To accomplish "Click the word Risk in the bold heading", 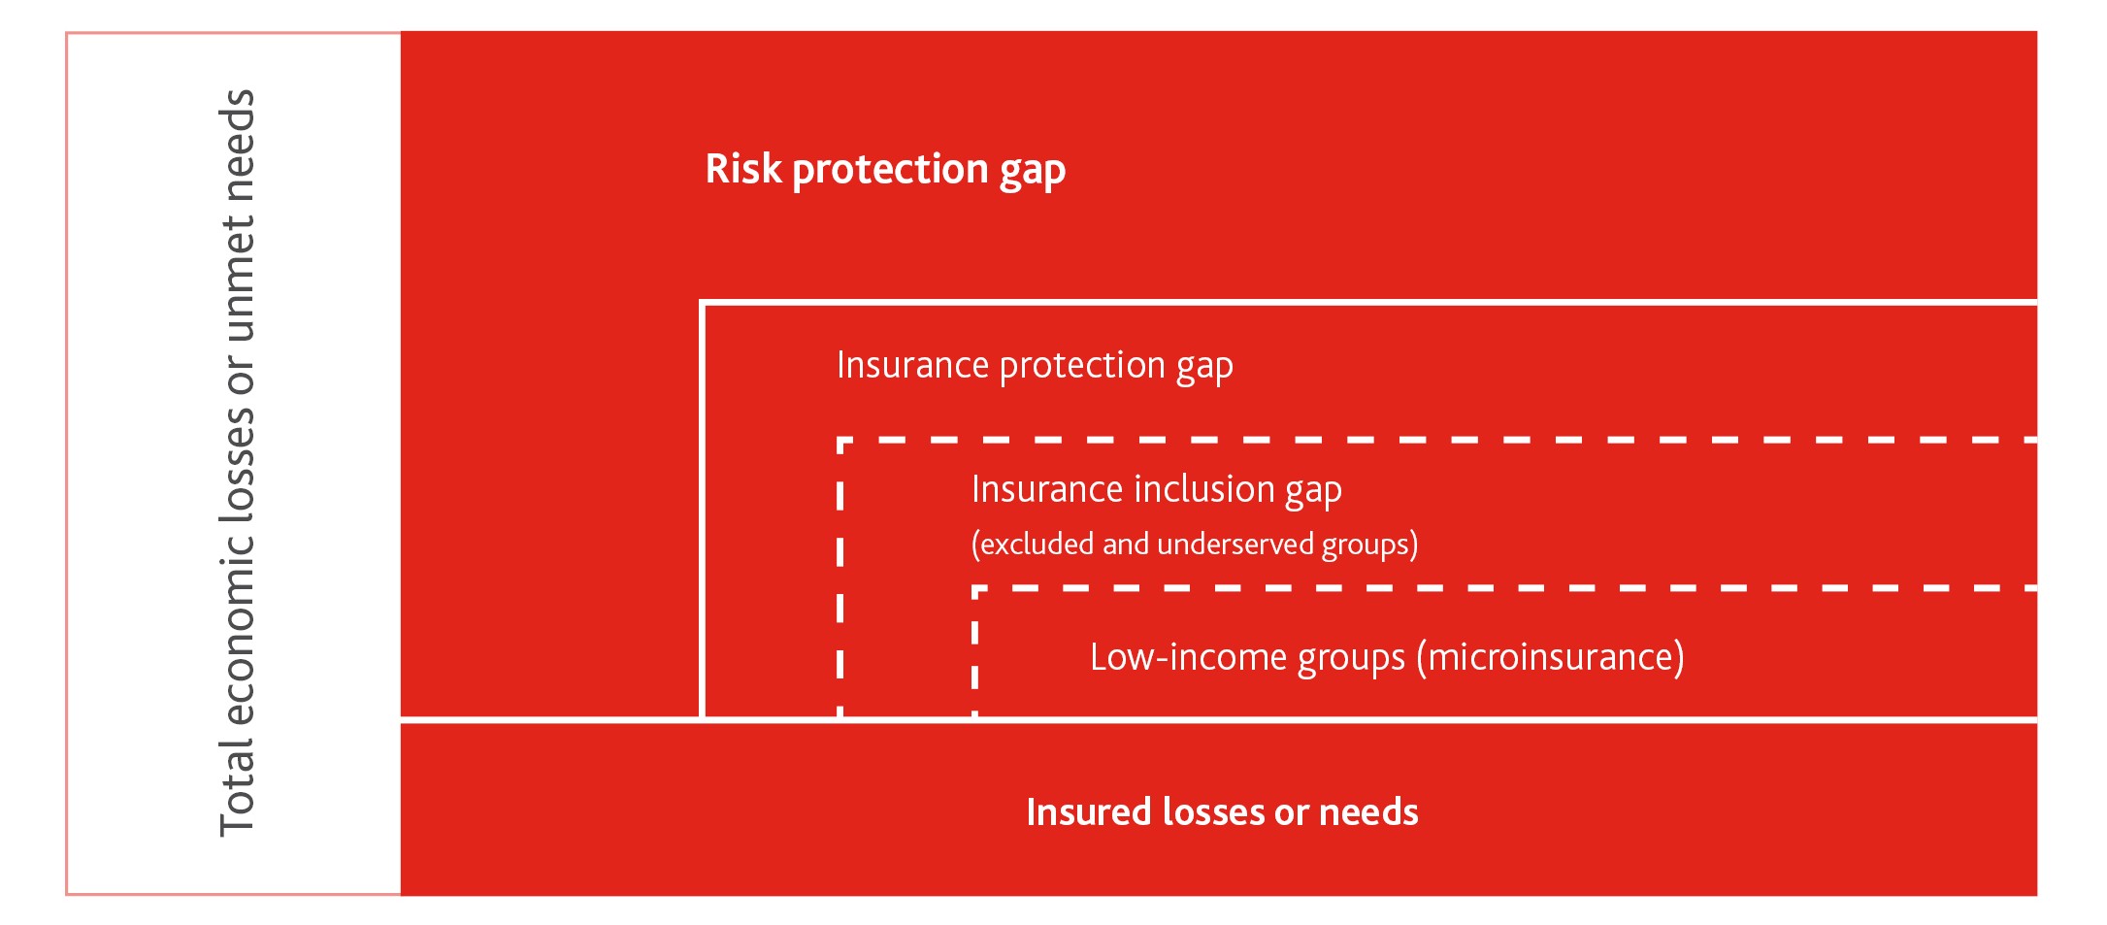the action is pyautogui.click(x=743, y=169).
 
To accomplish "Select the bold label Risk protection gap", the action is pyautogui.click(x=885, y=171).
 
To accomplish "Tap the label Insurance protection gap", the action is pyautogui.click(x=1035, y=367).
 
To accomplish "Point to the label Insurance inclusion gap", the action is pyautogui.click(x=1157, y=490).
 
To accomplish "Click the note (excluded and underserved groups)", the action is pyautogui.click(x=1195, y=545).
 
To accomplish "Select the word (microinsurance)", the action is pyautogui.click(x=1551, y=657).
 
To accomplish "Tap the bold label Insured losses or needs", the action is pyautogui.click(x=1222, y=812).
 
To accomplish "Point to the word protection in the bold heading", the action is pyautogui.click(x=890, y=171).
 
